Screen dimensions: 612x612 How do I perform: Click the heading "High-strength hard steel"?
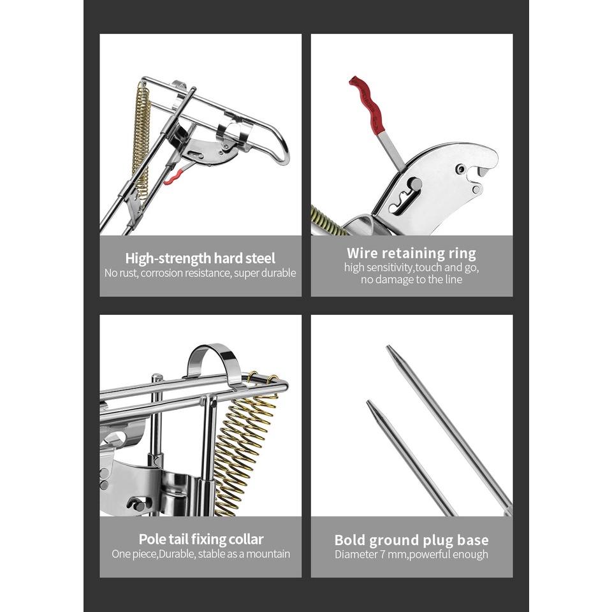[200, 258]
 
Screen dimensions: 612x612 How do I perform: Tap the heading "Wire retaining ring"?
[411, 253]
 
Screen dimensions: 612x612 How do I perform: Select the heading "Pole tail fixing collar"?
[201, 539]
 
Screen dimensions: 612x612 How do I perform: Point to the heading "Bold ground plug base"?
[411, 540]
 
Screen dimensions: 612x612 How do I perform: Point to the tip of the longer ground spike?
[388, 347]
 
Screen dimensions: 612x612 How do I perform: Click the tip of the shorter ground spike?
[368, 402]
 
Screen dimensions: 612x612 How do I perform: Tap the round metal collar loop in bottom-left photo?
[212, 357]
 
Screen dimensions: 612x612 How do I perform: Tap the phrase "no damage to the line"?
[411, 279]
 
